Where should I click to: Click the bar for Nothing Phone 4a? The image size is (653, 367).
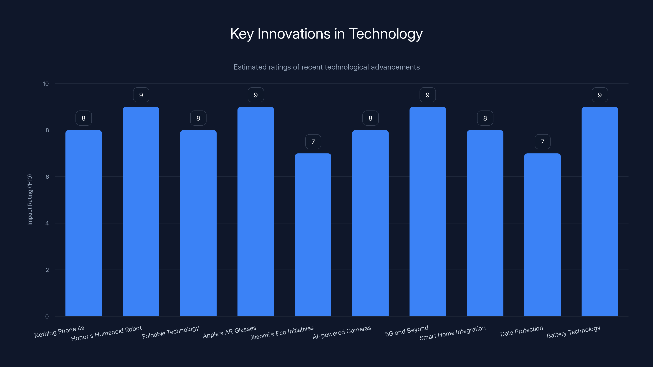[x=84, y=223]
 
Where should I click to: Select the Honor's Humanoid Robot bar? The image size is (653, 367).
[x=141, y=211]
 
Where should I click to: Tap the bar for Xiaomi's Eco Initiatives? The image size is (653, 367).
[x=313, y=234]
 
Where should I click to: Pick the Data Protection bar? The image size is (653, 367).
[x=542, y=234]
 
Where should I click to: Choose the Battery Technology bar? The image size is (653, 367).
[x=600, y=211]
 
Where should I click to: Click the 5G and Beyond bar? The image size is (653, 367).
[x=428, y=211]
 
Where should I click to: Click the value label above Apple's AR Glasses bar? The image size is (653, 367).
[x=256, y=95]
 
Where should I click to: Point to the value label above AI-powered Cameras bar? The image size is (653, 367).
[x=370, y=118]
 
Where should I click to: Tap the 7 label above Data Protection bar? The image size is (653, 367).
[x=542, y=142]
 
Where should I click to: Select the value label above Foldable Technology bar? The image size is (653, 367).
[x=198, y=118]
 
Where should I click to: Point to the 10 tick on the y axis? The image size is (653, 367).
[x=46, y=84]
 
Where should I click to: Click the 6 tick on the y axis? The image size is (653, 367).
[x=47, y=177]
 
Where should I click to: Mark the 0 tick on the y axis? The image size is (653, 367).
[x=47, y=316]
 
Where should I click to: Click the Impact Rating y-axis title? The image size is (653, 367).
[x=30, y=200]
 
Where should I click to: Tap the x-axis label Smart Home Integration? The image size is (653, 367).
[x=452, y=333]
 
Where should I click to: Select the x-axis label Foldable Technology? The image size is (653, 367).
[x=170, y=332]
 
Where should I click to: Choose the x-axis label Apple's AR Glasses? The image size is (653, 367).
[x=229, y=332]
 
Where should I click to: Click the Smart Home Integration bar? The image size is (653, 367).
[x=485, y=223]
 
